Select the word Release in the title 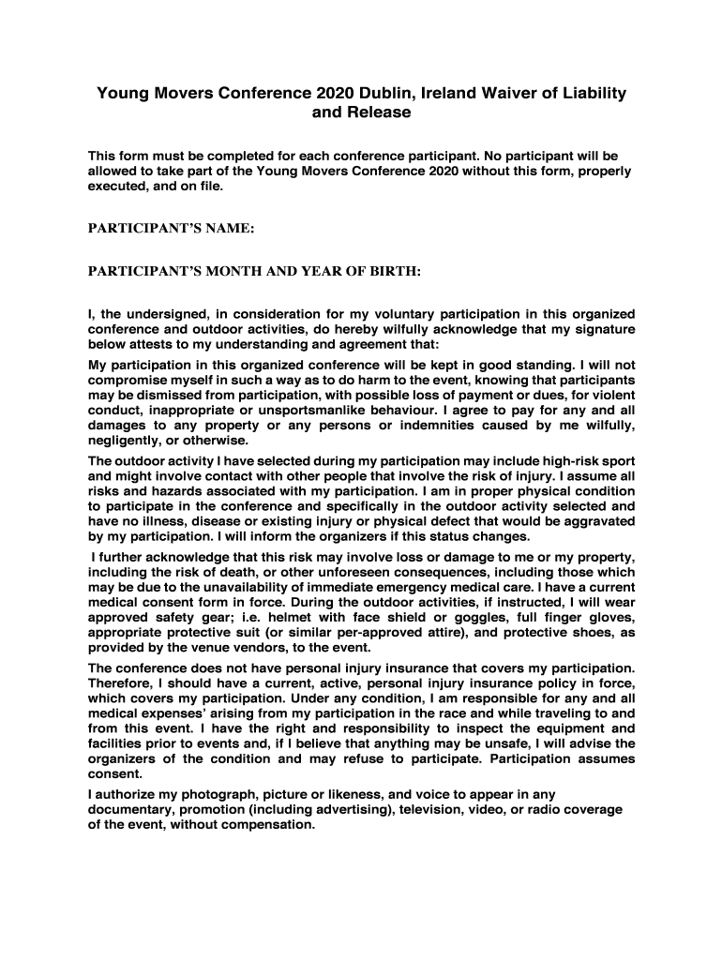point(379,112)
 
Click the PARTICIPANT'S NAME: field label point(172,228)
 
